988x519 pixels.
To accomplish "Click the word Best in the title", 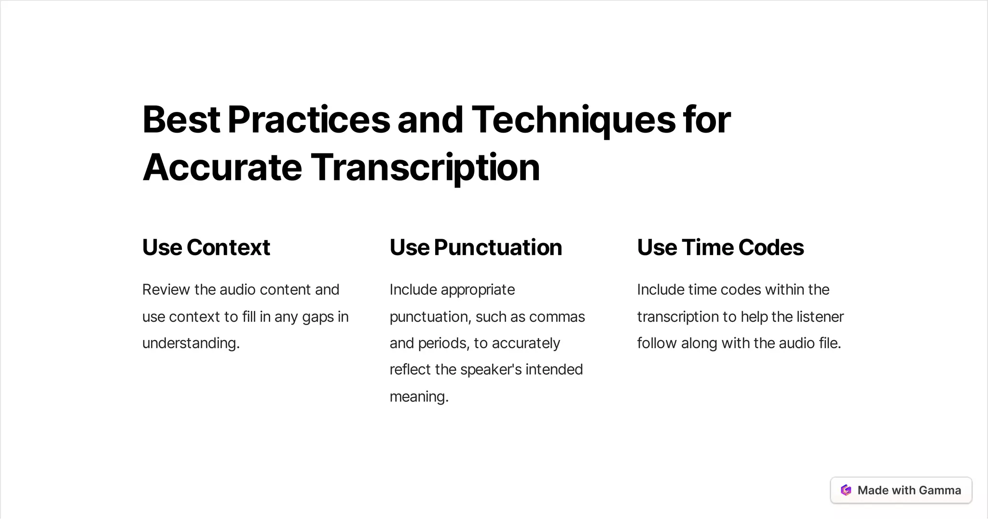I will [x=181, y=120].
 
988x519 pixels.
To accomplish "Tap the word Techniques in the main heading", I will [x=573, y=120].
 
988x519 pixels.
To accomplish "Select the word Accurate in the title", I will [x=222, y=167].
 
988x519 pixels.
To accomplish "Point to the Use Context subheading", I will [x=206, y=247].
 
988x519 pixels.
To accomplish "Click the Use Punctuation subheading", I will [x=476, y=247].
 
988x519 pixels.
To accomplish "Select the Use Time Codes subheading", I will [x=720, y=247].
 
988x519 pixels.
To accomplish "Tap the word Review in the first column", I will [x=166, y=289].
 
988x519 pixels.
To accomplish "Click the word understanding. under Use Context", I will [x=191, y=343].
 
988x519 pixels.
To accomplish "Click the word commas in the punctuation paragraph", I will [x=557, y=317].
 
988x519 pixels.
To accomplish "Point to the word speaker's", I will [x=491, y=369].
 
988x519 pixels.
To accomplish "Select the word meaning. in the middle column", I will [x=419, y=396].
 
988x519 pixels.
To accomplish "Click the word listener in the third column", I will [x=820, y=317].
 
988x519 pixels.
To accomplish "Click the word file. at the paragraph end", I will [x=830, y=343].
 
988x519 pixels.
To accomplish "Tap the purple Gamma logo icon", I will [x=846, y=490].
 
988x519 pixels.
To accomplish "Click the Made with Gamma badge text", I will [x=909, y=490].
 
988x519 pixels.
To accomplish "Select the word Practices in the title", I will [x=309, y=120].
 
